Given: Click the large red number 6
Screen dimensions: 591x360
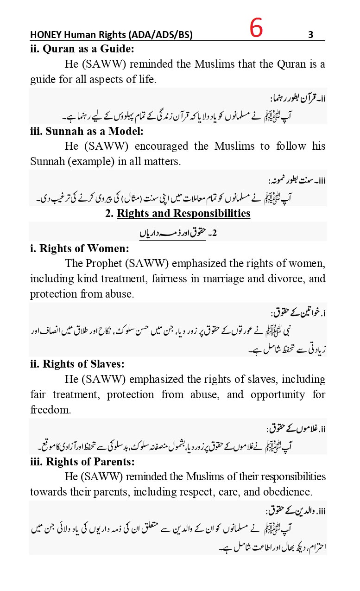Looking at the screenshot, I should pos(256,29).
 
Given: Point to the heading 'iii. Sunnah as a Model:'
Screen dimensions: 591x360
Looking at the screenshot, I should pos(87,131).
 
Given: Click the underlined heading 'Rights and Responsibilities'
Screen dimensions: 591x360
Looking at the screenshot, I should pos(183,213).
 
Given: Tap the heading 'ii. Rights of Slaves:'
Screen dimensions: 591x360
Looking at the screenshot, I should pos(77,364).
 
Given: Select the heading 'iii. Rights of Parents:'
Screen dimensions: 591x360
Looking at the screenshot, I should pos(82,462).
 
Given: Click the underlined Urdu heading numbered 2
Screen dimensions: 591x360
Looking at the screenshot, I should pos(178,233).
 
